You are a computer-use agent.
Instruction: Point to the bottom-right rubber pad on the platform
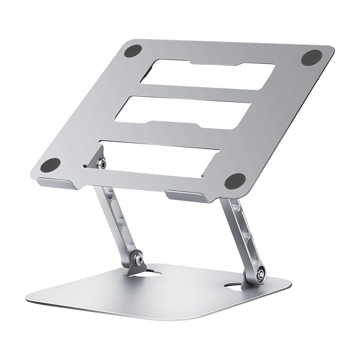coord(235,181)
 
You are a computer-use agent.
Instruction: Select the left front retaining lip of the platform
coord(55,184)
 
